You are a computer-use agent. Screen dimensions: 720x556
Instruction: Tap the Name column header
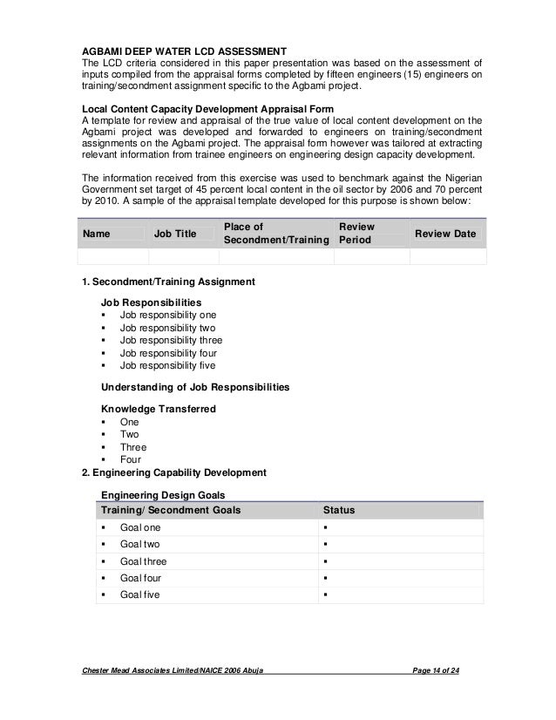point(96,234)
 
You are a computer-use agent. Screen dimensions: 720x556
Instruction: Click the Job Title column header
point(174,234)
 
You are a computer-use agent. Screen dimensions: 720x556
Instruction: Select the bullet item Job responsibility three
point(171,340)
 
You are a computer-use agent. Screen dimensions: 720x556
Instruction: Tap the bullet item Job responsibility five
point(167,366)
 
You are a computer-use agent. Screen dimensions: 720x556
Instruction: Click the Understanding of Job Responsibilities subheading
point(196,386)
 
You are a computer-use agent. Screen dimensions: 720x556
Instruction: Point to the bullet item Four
point(131,459)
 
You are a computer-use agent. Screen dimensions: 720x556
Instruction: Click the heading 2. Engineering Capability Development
point(173,472)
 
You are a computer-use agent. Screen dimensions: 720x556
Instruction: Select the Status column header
point(338,509)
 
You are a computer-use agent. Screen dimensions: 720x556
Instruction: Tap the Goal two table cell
point(139,544)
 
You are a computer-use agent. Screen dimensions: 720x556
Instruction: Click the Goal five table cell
point(139,594)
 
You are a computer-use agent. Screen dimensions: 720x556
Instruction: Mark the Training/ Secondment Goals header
point(172,509)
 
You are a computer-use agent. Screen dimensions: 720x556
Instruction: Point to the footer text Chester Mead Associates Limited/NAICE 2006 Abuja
point(172,669)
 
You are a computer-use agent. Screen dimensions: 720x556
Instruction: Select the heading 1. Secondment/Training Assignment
point(167,282)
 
